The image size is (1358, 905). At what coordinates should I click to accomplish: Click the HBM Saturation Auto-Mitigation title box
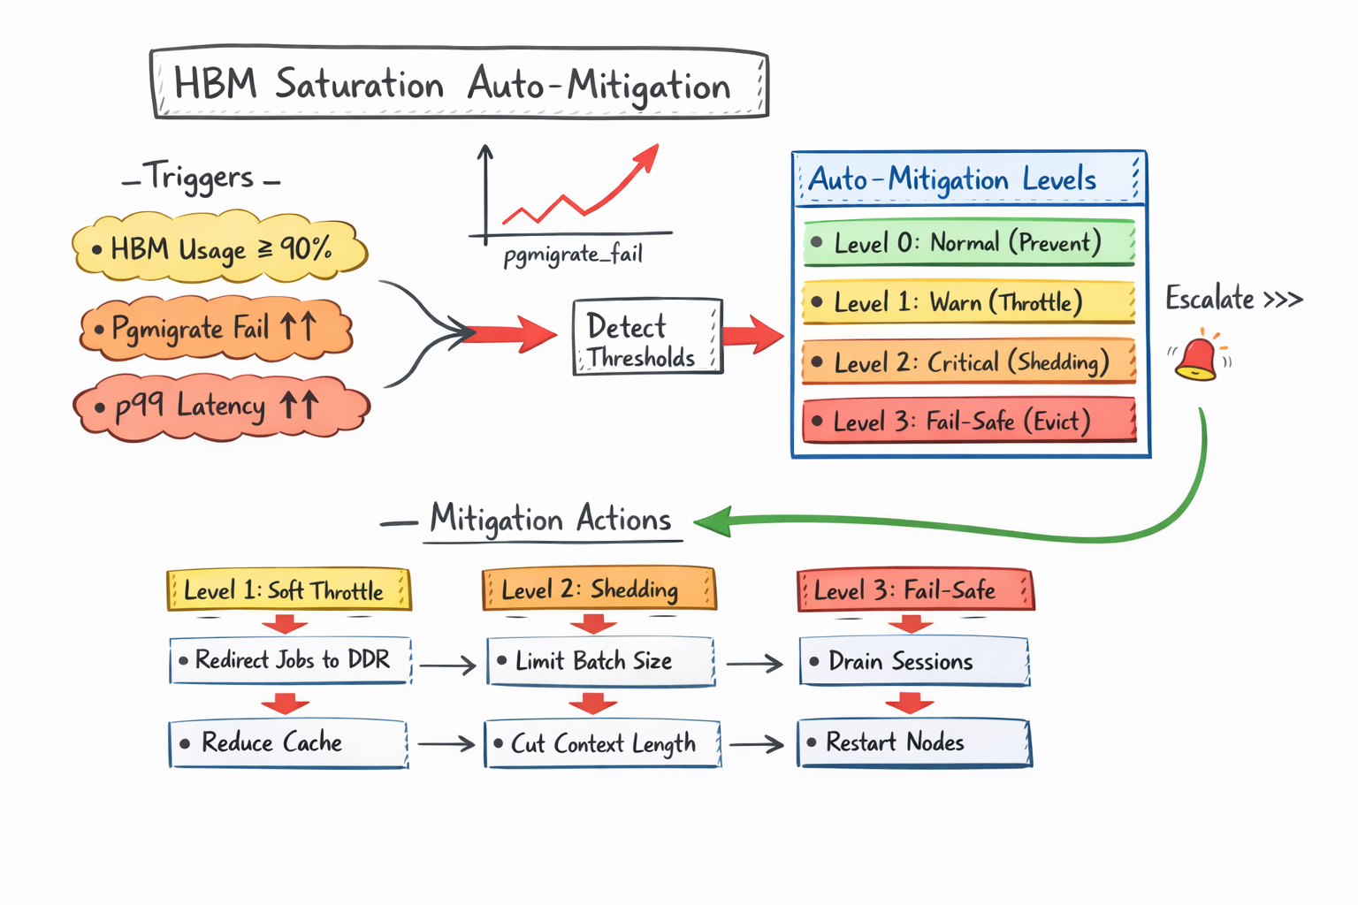click(459, 84)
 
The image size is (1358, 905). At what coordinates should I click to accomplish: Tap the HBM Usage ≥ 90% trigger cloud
click(219, 248)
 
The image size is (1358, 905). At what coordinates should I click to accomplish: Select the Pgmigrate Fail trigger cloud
click(217, 329)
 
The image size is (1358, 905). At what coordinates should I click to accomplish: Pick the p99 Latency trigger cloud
click(221, 407)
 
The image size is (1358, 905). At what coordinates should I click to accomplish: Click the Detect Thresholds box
click(647, 337)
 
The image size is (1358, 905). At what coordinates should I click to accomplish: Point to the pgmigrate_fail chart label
click(573, 255)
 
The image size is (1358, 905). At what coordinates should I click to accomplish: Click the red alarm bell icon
click(1197, 356)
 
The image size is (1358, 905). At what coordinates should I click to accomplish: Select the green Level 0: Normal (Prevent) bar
click(968, 242)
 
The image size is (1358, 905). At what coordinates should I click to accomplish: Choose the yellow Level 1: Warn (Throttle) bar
click(968, 302)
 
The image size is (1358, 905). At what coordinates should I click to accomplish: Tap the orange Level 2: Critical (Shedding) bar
click(968, 361)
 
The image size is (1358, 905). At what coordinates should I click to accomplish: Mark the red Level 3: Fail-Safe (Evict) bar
click(968, 421)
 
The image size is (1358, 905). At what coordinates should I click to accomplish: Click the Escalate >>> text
click(1233, 299)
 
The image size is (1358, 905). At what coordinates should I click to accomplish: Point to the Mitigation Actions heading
click(551, 520)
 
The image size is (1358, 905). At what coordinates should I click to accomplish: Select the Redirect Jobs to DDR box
click(291, 660)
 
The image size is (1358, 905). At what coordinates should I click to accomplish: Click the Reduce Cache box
click(288, 742)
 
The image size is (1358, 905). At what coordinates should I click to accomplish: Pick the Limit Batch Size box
click(600, 661)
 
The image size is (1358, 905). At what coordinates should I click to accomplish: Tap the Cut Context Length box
click(602, 743)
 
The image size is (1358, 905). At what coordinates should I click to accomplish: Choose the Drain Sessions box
click(914, 661)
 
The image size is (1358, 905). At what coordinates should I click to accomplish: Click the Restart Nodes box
click(914, 742)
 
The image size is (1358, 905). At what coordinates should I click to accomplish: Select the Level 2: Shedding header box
click(599, 589)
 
